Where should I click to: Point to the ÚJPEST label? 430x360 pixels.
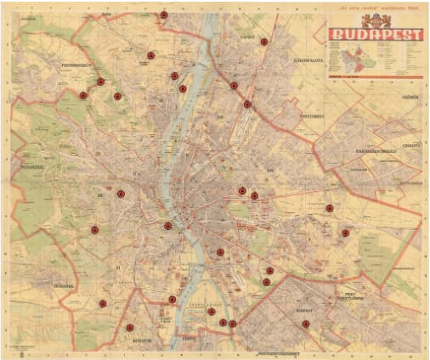(247, 38)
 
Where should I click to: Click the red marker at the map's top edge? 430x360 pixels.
(163, 15)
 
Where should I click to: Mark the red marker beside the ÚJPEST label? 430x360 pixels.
(263, 42)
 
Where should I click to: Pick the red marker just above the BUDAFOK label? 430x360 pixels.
(130, 328)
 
